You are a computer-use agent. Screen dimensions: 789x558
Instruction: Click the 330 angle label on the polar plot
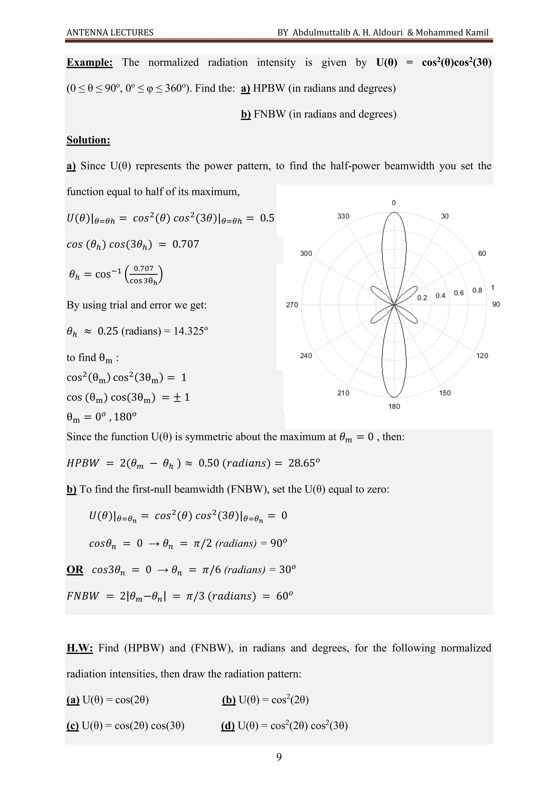point(343,216)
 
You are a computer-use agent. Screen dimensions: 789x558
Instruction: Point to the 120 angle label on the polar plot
point(482,356)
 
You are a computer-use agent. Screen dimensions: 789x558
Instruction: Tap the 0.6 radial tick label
point(459,293)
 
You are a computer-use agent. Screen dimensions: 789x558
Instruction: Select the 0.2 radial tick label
point(422,298)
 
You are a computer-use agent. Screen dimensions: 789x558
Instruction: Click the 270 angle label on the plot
point(292,304)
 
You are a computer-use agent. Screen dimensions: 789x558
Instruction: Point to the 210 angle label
point(343,393)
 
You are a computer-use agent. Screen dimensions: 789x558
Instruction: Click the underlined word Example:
point(89,63)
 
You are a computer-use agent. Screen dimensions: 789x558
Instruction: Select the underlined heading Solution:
point(88,140)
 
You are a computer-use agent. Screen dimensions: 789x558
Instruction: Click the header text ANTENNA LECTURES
point(110,33)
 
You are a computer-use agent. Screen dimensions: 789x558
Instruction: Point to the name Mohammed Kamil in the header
point(452,33)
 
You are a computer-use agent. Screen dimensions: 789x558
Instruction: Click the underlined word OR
point(75,569)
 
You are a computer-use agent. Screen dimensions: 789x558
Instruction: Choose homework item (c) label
point(72,726)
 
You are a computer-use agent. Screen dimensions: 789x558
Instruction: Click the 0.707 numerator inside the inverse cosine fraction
point(143,268)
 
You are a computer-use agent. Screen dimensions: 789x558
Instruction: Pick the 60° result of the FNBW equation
point(284,596)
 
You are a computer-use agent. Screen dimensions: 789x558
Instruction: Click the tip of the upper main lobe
point(394,212)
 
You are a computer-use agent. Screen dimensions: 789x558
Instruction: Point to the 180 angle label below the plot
point(394,407)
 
